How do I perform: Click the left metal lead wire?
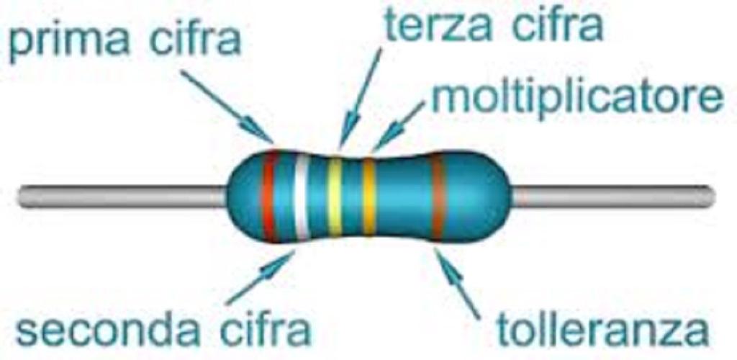[x=122, y=196]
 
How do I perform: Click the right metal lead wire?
[x=612, y=196]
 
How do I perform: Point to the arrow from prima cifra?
[x=226, y=105]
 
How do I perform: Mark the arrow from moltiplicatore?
[x=399, y=125]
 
